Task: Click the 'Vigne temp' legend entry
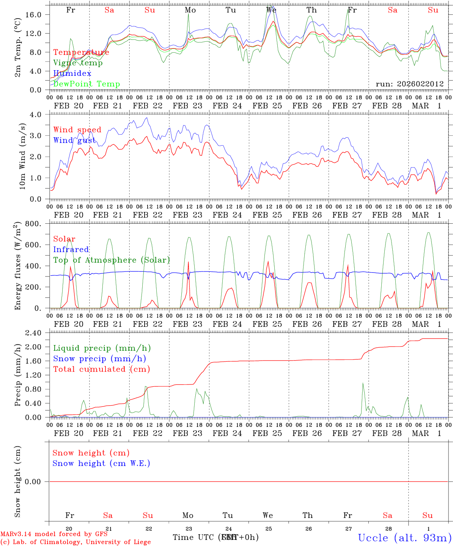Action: point(78,63)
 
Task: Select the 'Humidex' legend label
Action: point(72,74)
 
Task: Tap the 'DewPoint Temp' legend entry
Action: point(87,84)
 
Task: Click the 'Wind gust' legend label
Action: point(74,141)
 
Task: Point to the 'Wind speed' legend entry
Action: point(77,130)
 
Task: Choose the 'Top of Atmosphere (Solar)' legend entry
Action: point(112,260)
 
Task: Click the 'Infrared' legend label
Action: point(71,249)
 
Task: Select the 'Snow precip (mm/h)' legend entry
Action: point(99,359)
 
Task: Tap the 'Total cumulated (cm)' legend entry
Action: point(101,369)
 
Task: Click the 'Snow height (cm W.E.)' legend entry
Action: point(101,463)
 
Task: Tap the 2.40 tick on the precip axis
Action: point(33,333)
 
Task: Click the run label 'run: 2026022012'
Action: point(409,84)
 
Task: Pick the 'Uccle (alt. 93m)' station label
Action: point(404,538)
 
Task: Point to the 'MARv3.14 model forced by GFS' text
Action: point(54,534)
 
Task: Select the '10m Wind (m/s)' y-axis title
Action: point(22,156)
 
